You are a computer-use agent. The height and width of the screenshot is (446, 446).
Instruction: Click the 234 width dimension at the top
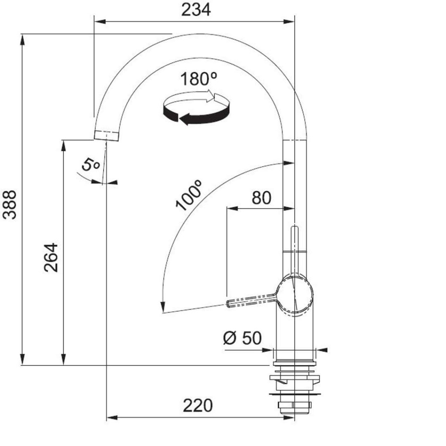point(196,10)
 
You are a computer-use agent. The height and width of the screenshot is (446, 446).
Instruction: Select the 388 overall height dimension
point(10,205)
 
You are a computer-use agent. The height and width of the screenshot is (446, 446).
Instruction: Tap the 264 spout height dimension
point(51,258)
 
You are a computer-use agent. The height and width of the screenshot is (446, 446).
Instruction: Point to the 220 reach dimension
point(198,405)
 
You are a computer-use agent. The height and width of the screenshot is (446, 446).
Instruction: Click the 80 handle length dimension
point(261,198)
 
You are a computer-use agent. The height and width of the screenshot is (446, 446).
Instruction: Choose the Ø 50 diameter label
point(242,338)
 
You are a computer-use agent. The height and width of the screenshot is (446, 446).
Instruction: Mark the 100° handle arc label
point(189,195)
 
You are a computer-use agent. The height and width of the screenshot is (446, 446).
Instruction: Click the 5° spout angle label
point(91,164)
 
